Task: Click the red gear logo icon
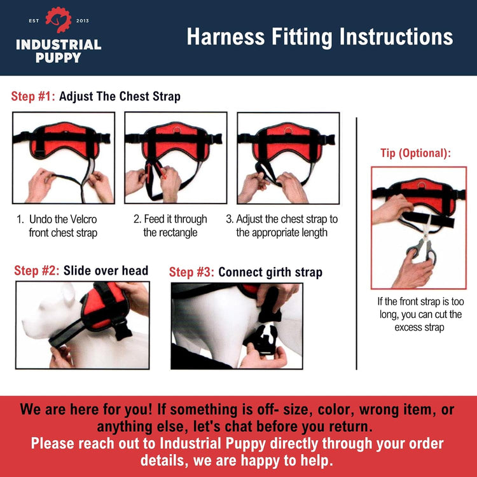[x=58, y=20]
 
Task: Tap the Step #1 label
[x=33, y=97]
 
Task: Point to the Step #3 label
[x=191, y=273]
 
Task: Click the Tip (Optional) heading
[x=415, y=153]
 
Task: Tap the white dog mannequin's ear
[x=66, y=294]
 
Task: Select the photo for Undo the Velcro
[x=64, y=158]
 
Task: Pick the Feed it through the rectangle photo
[x=176, y=158]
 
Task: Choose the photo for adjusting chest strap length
[x=288, y=158]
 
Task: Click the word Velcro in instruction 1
[x=81, y=219]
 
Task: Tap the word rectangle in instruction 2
[x=170, y=233]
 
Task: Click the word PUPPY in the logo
[x=58, y=58]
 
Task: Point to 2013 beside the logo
[x=82, y=21]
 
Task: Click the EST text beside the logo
[x=35, y=21]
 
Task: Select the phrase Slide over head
[x=106, y=271]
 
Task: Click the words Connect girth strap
[x=270, y=273]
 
